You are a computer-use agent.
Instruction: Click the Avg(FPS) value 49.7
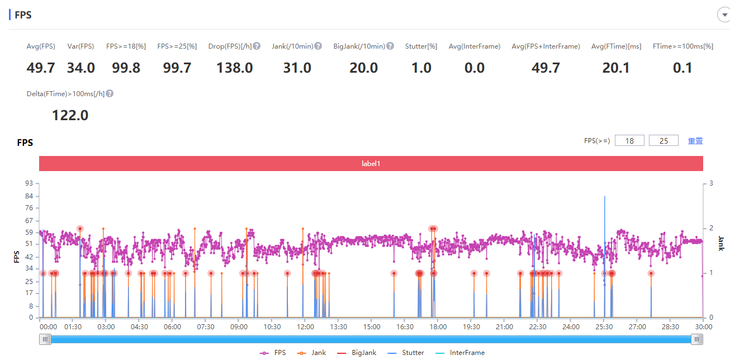point(41,68)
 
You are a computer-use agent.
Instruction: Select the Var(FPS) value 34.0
point(81,68)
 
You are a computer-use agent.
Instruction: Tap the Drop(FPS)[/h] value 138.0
point(235,68)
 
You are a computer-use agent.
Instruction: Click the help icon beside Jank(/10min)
point(318,46)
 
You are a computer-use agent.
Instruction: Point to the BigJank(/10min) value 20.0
point(364,68)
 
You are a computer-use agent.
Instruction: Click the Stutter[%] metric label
point(421,46)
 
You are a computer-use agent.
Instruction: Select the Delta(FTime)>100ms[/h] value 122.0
point(70,115)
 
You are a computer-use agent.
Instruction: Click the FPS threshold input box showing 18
point(629,141)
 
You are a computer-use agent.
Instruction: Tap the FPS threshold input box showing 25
point(663,141)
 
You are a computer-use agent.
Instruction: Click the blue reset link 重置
point(695,141)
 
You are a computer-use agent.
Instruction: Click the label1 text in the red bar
point(371,164)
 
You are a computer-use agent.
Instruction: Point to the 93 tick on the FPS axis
point(29,183)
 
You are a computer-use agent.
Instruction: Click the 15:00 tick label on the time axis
point(372,327)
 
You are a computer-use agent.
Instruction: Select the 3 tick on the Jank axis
point(711,183)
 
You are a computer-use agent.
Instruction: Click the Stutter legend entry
point(406,353)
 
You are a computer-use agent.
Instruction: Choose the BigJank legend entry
point(357,353)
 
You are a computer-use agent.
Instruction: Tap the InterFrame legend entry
point(460,353)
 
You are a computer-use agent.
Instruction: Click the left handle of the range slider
point(45,339)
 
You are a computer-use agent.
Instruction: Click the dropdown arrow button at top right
point(724,15)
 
